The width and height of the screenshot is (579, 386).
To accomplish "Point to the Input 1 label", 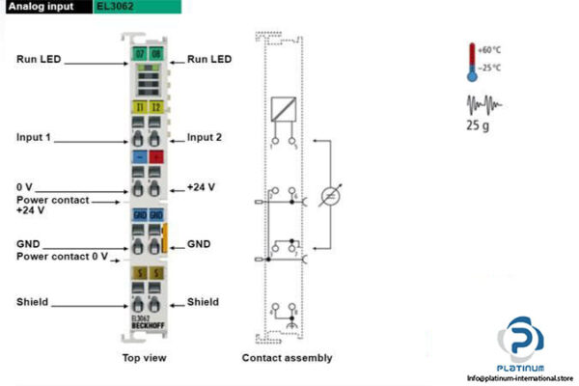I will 34,138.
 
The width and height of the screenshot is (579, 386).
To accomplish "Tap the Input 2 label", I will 205,138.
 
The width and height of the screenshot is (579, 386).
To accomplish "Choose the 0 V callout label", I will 25,186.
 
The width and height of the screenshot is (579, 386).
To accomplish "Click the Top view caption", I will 146,358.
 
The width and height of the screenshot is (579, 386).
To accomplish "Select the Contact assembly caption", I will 287,358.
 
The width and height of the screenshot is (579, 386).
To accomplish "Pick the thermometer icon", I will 473,60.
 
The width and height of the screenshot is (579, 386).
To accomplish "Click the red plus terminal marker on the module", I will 155,155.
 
